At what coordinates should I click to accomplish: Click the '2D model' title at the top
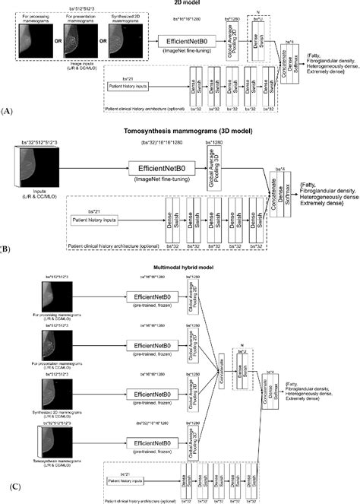[182, 4]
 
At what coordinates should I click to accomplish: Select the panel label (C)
[7, 495]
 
